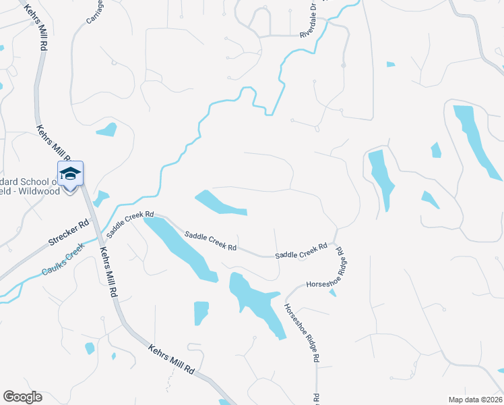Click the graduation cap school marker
[x=70, y=173]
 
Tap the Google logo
[x=22, y=397]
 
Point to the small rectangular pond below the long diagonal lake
[x=201, y=313]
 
